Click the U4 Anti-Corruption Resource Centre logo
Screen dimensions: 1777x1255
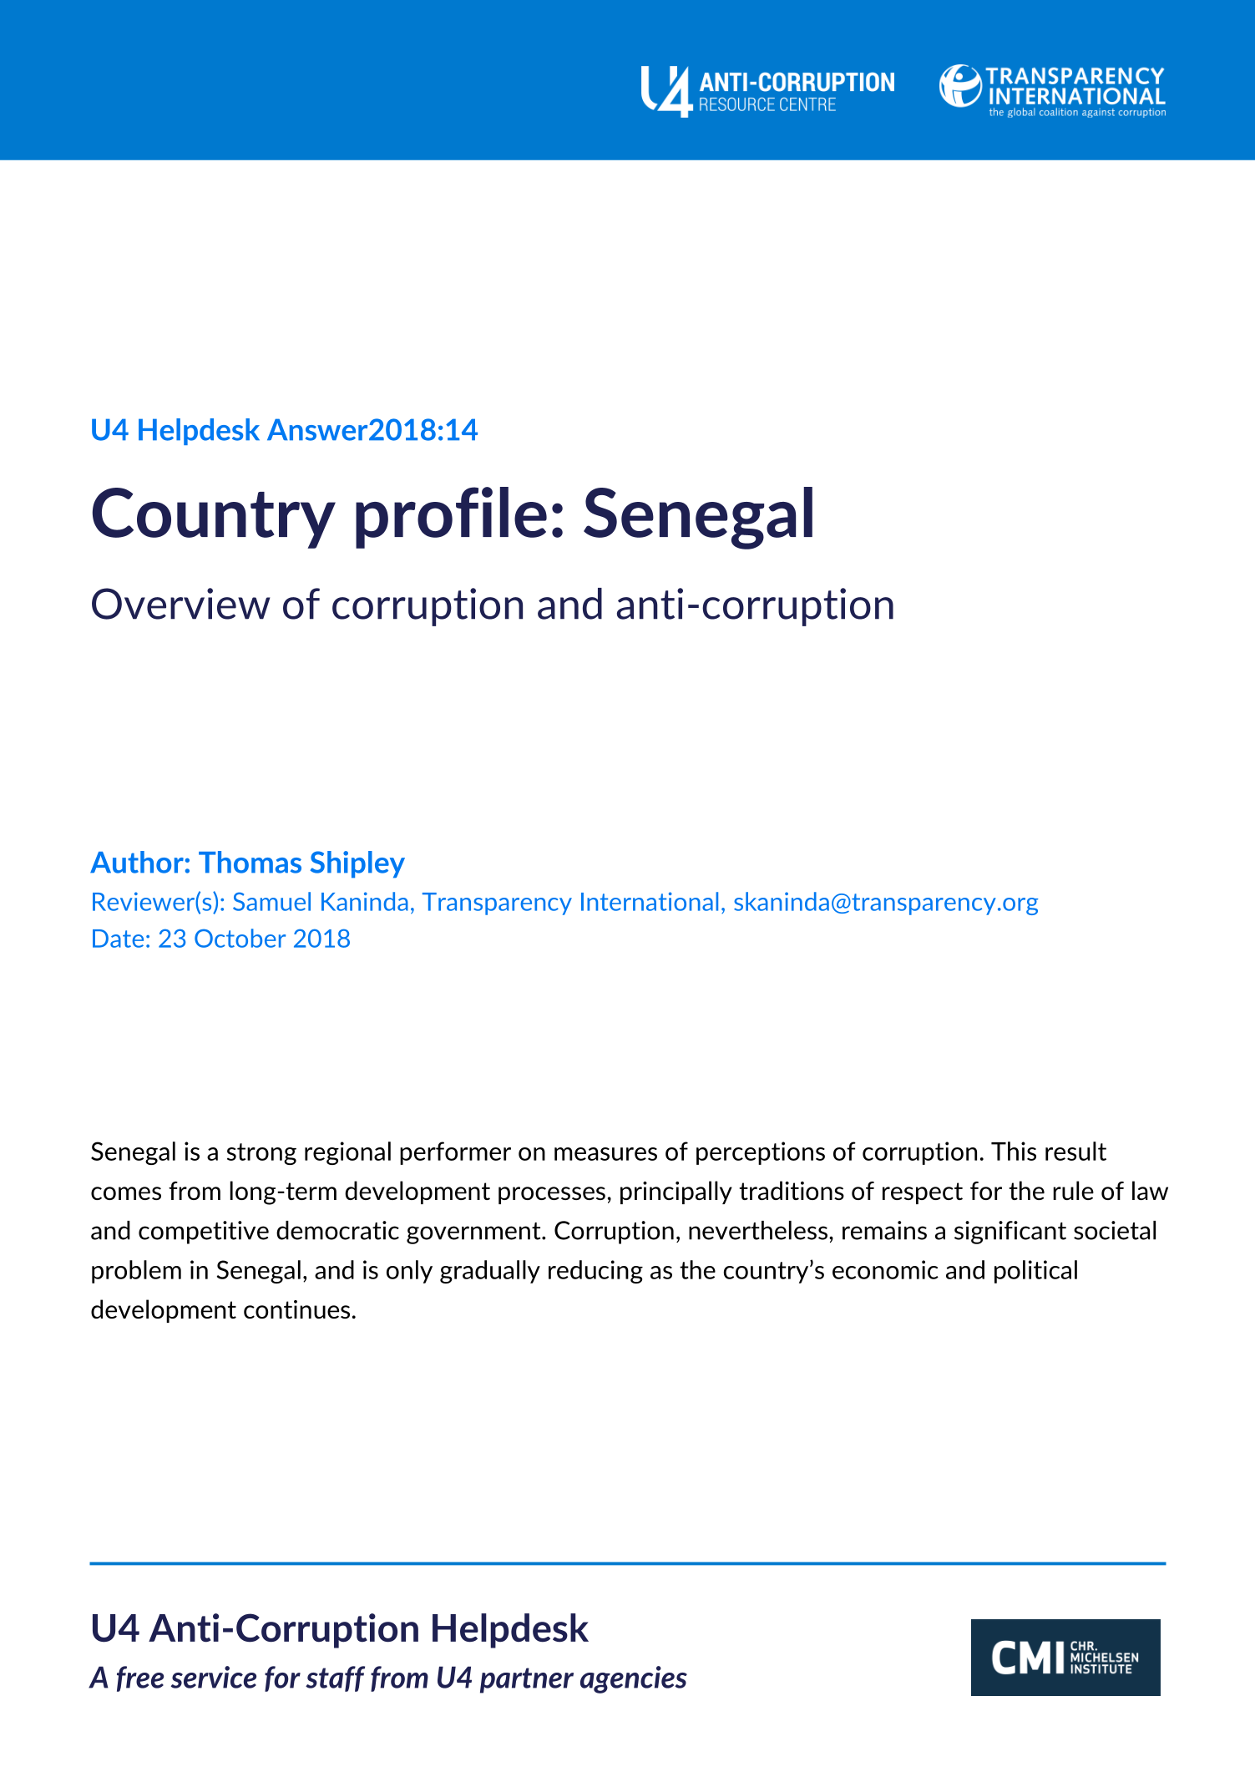pos(767,91)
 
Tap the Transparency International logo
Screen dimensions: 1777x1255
pos(1052,89)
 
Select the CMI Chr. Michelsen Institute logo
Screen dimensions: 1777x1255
pos(1065,1657)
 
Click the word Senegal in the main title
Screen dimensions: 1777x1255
pos(698,514)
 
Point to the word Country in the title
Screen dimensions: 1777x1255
pos(213,514)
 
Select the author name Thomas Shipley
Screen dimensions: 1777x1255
pos(301,863)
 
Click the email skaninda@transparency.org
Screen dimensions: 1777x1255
pos(885,902)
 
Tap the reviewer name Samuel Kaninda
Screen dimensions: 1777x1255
pos(321,902)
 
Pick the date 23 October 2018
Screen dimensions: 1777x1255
pos(254,939)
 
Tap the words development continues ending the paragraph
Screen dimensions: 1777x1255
pos(223,1309)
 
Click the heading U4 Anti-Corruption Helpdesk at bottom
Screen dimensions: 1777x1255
pos(339,1628)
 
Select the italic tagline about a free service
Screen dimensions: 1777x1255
pos(388,1678)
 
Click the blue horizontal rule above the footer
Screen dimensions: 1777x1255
pos(627,1563)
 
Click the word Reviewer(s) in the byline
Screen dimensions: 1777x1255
pos(155,902)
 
